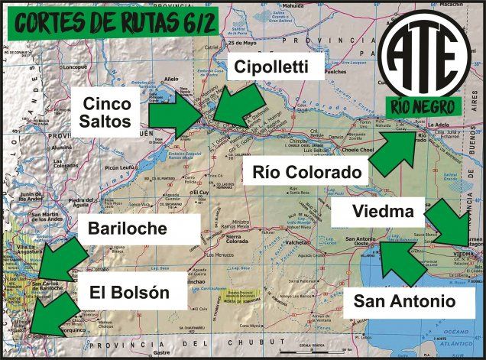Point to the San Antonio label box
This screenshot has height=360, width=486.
click(403, 301)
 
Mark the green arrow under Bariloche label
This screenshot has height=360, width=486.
click(62, 260)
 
